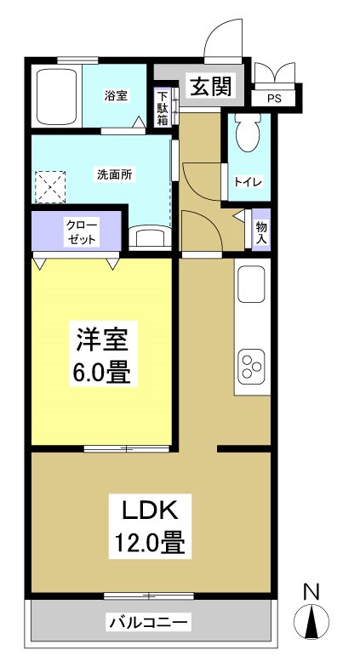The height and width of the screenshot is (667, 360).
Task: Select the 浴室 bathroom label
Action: click(x=117, y=95)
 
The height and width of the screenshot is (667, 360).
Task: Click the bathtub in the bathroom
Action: click(x=56, y=96)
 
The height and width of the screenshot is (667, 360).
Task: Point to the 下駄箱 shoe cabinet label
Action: click(x=163, y=108)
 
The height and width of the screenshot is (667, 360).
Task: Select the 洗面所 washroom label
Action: click(x=113, y=174)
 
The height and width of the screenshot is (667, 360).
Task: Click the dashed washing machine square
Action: click(x=50, y=185)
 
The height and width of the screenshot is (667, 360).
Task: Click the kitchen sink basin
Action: click(x=253, y=284)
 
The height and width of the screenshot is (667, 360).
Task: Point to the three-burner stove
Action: click(x=253, y=366)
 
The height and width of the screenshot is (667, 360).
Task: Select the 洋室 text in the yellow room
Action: click(x=103, y=340)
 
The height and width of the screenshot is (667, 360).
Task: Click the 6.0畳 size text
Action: click(x=103, y=373)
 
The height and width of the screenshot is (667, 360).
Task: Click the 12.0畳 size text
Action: click(x=150, y=541)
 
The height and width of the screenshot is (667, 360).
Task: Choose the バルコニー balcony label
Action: click(x=149, y=622)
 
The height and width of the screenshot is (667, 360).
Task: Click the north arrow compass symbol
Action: click(x=311, y=624)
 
